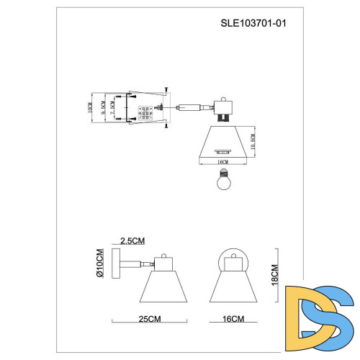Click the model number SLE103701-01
(258, 22)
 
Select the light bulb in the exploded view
(222, 181)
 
